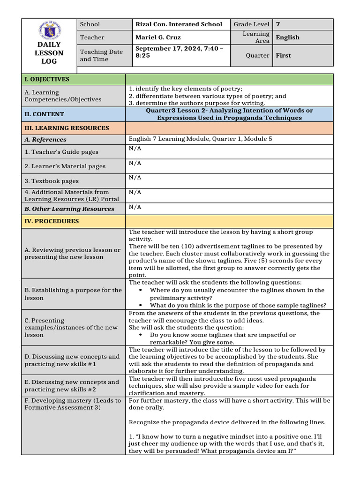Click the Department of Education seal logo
pyautogui.click(x=49, y=32)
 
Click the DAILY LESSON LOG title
pyautogui.click(x=49, y=53)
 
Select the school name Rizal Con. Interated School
pyautogui.click(x=179, y=24)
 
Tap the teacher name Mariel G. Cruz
pyautogui.click(x=157, y=37)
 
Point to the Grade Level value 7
pyautogui.click(x=278, y=24)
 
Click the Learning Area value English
pyautogui.click(x=287, y=37)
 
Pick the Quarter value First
pyautogui.click(x=283, y=55)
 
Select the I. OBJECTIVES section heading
pyautogui.click(x=47, y=79)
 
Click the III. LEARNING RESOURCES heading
pyautogui.click(x=67, y=128)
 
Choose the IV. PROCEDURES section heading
pyautogui.click(x=52, y=221)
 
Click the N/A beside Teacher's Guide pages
pyautogui.click(x=135, y=149)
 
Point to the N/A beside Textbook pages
pyautogui.click(x=135, y=178)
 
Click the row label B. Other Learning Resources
pyautogui.click(x=69, y=209)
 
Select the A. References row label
pyautogui.click(x=45, y=140)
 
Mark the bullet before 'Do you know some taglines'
pyautogui.click(x=141, y=335)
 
